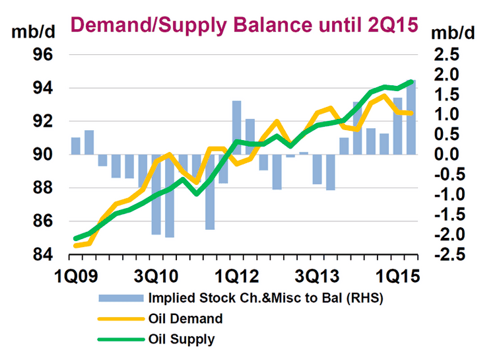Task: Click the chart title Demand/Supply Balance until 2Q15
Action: coord(244,25)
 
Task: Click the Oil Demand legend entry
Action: coord(186,318)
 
